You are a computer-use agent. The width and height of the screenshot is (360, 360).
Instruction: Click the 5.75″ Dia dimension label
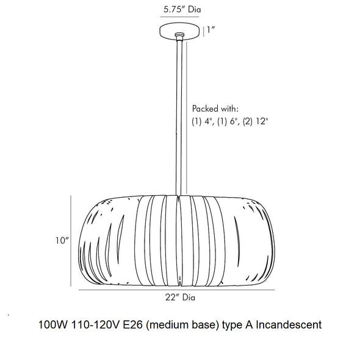[182, 9]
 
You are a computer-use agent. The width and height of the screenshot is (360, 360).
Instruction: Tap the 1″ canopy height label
[211, 30]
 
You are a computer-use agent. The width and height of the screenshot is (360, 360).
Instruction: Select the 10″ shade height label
[62, 240]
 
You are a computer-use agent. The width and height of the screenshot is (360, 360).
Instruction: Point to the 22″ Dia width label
[180, 297]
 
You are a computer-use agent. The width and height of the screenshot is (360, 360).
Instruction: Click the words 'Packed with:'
[215, 109]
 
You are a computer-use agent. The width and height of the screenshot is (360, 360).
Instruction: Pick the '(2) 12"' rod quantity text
[255, 121]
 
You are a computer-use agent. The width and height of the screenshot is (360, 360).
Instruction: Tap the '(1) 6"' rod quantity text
[228, 121]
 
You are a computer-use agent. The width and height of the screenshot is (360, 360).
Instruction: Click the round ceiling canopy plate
[179, 31]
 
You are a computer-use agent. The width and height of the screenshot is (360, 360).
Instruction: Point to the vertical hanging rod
[179, 118]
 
